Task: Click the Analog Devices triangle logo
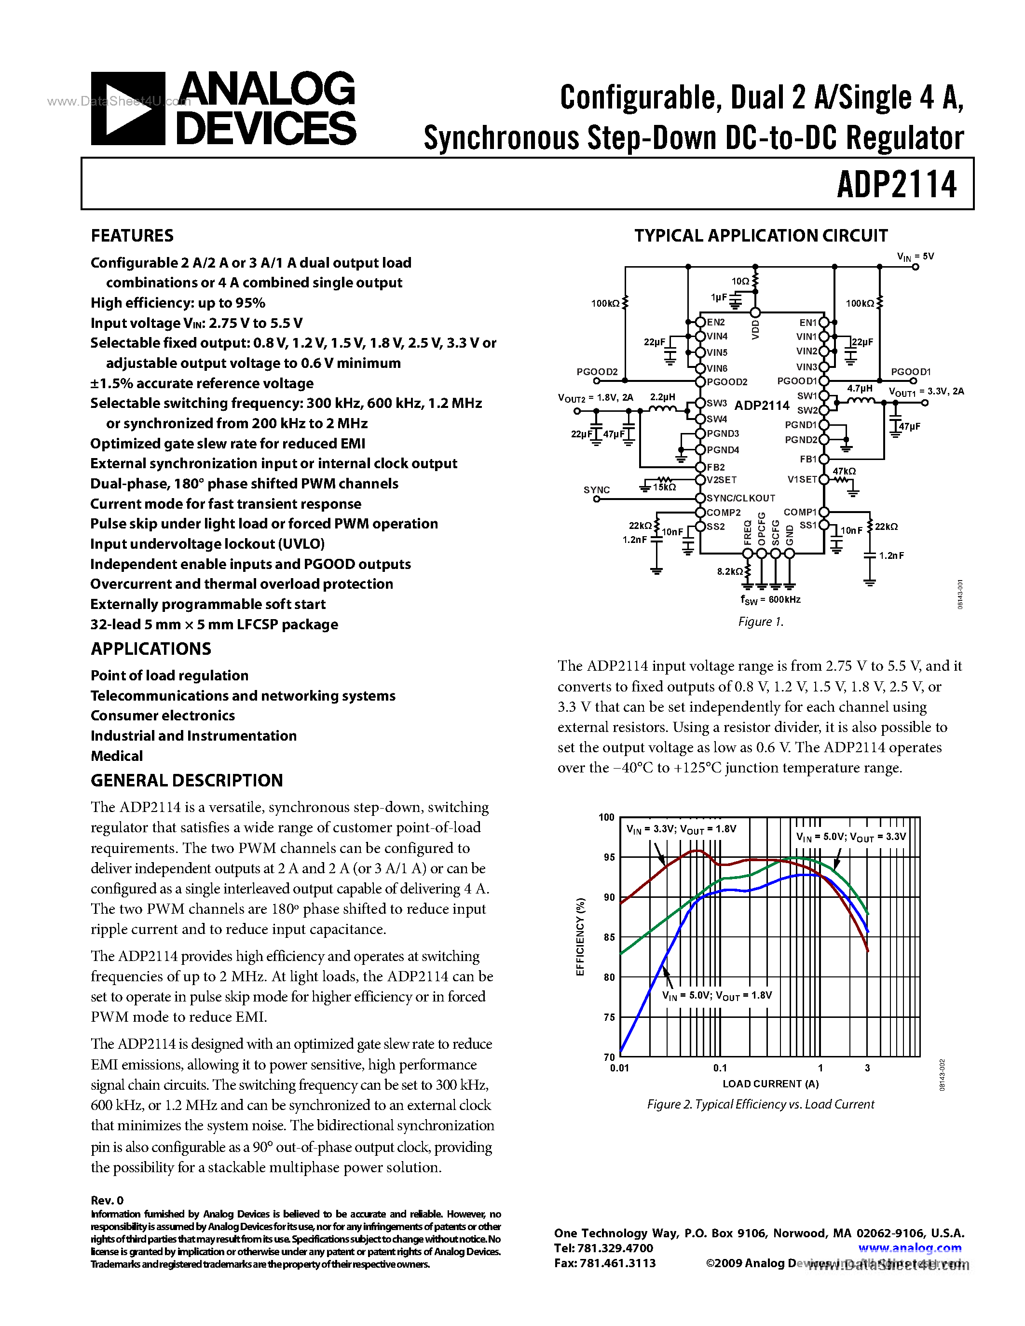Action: coord(127,108)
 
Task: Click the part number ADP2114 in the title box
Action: coord(896,185)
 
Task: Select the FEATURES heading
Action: coord(132,236)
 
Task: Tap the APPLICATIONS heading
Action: coord(150,649)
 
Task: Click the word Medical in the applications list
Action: coord(117,756)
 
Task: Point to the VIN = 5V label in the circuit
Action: coord(915,257)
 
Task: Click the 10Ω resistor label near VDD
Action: coord(740,281)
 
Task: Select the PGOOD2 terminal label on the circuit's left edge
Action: coord(596,372)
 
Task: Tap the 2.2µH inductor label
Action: coord(662,397)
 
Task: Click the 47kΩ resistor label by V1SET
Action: coord(844,471)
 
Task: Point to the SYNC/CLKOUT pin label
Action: coord(740,498)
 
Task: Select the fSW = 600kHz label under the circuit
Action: coord(770,600)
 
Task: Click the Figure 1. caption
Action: coord(760,622)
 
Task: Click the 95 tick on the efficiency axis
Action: coord(608,857)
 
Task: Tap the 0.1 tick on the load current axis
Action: coord(720,1068)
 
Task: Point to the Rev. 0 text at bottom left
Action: coord(107,1200)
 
